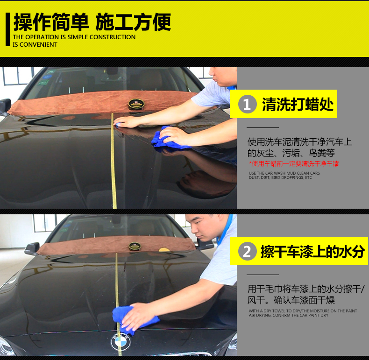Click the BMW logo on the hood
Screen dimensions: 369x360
(x=121, y=342)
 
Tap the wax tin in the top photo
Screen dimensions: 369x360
(x=136, y=104)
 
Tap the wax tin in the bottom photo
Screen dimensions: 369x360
(x=135, y=247)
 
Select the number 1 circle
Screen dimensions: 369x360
(x=247, y=104)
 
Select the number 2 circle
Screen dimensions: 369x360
(x=247, y=251)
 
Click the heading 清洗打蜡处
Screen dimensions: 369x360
(x=298, y=104)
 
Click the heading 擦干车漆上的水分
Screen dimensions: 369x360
(x=312, y=251)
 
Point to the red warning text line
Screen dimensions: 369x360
(x=294, y=163)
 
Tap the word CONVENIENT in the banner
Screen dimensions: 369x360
(x=38, y=44)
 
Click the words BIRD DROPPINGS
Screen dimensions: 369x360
(x=287, y=177)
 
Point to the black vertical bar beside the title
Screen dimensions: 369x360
(x=8, y=29)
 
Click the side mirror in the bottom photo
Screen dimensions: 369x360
(x=32, y=248)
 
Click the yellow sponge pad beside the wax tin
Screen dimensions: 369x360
(x=164, y=250)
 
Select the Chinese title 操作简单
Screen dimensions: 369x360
(x=51, y=22)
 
